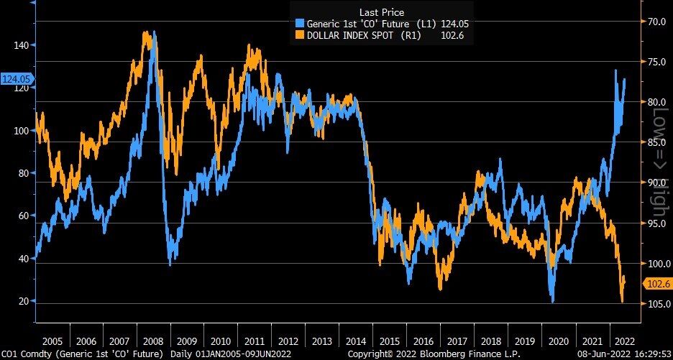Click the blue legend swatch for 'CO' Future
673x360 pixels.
[x=298, y=24]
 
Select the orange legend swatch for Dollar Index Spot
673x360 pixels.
[x=298, y=34]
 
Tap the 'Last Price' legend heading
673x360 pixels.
[x=381, y=12]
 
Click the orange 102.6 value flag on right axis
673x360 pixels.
[x=656, y=285]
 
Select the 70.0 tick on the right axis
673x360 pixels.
[x=656, y=22]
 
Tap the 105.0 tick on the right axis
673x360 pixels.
[x=656, y=305]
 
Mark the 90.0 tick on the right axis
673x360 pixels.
[x=656, y=183]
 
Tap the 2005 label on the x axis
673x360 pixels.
[x=51, y=341]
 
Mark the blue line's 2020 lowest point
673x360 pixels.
[x=552, y=302]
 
